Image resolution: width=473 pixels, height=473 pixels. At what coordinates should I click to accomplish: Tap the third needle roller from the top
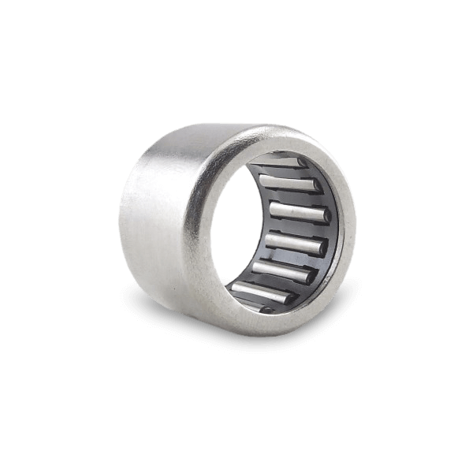point(298,212)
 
